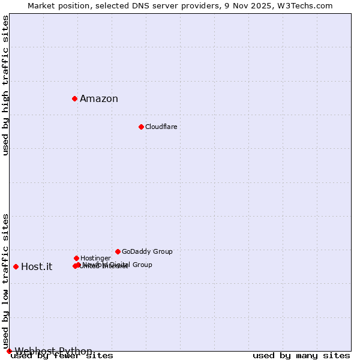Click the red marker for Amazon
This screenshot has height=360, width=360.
click(x=74, y=98)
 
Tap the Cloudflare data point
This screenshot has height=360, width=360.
click(x=141, y=127)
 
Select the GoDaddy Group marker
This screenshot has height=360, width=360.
click(x=118, y=251)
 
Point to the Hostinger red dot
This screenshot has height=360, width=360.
click(x=76, y=258)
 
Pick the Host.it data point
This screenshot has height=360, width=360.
click(x=16, y=266)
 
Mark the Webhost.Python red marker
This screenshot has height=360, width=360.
click(x=9, y=351)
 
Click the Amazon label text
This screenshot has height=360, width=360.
click(x=99, y=99)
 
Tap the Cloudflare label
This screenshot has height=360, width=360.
click(x=161, y=127)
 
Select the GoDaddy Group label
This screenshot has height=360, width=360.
click(x=147, y=251)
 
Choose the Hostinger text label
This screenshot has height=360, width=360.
click(x=95, y=258)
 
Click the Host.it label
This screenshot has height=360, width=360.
click(x=37, y=267)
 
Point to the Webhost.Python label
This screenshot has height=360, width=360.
click(x=53, y=351)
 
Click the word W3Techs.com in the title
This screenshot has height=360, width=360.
click(x=307, y=5)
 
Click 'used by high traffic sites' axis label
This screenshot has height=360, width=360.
click(x=5, y=85)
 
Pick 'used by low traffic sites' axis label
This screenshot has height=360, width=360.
click(x=5, y=281)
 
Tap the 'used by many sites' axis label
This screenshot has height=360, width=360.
click(x=301, y=356)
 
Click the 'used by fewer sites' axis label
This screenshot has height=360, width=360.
click(x=62, y=356)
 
